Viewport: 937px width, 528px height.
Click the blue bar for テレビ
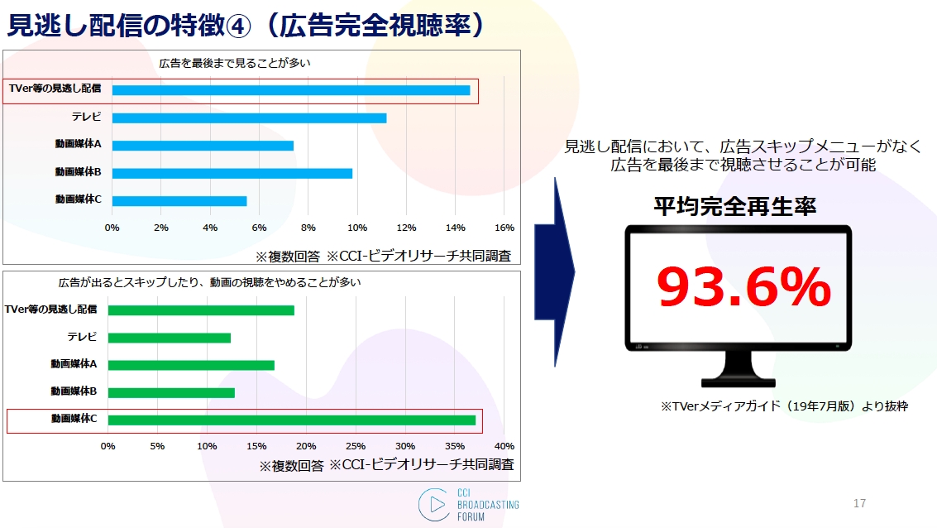coord(249,118)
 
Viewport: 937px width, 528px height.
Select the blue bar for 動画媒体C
coord(179,201)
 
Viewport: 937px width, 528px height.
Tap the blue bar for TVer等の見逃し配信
coord(291,90)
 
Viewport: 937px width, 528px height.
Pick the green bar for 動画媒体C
coord(292,420)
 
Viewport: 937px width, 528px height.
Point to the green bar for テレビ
coord(169,338)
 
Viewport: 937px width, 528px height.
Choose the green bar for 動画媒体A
coord(191,365)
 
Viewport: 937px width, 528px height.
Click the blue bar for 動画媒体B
coord(232,174)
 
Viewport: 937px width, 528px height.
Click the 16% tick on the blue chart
coord(504,228)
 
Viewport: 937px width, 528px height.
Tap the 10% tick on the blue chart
coord(357,228)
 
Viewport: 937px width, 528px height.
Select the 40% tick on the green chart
coord(504,446)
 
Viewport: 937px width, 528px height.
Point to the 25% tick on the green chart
coord(356,446)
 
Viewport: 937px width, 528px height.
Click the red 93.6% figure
coord(744,287)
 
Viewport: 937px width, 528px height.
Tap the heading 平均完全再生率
coord(734,206)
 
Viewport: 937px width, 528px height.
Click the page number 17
coord(859,503)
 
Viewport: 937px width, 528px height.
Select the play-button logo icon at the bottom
coord(435,505)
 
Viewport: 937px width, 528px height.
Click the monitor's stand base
coord(738,382)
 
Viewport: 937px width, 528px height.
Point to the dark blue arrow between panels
coord(555,272)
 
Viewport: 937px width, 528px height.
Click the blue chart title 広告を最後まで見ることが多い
coord(235,63)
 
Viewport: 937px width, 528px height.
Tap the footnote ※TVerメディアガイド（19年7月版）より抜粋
coord(784,406)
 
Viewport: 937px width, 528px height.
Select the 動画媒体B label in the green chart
coord(74,391)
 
